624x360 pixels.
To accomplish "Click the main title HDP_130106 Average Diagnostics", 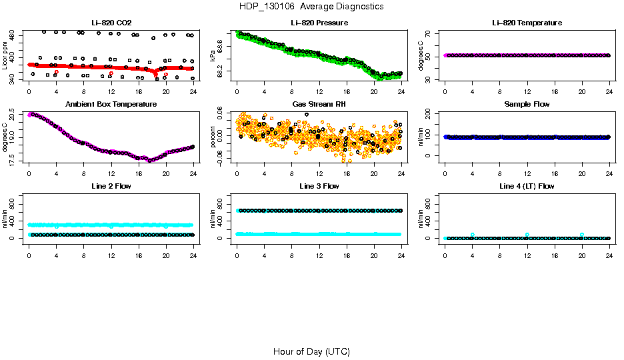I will point(311,6).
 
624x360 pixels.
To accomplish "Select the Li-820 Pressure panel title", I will point(319,23).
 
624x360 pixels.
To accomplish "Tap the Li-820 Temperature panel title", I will point(527,23).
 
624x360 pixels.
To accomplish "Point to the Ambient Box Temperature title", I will point(111,104).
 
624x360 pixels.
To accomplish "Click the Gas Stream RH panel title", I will point(319,104).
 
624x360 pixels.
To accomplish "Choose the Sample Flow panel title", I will point(527,104).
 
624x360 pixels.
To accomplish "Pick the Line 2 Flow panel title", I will point(111,185).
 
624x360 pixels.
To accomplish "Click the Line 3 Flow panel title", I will point(319,185).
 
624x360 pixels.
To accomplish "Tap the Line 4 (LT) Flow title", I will point(527,185).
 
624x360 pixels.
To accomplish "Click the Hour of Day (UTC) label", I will point(311,351).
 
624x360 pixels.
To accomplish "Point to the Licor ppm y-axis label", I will point(5,56).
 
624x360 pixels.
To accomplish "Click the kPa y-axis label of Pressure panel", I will point(213,56).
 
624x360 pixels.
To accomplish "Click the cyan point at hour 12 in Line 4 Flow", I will point(527,235).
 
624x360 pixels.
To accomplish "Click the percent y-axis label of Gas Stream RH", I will point(213,137).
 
